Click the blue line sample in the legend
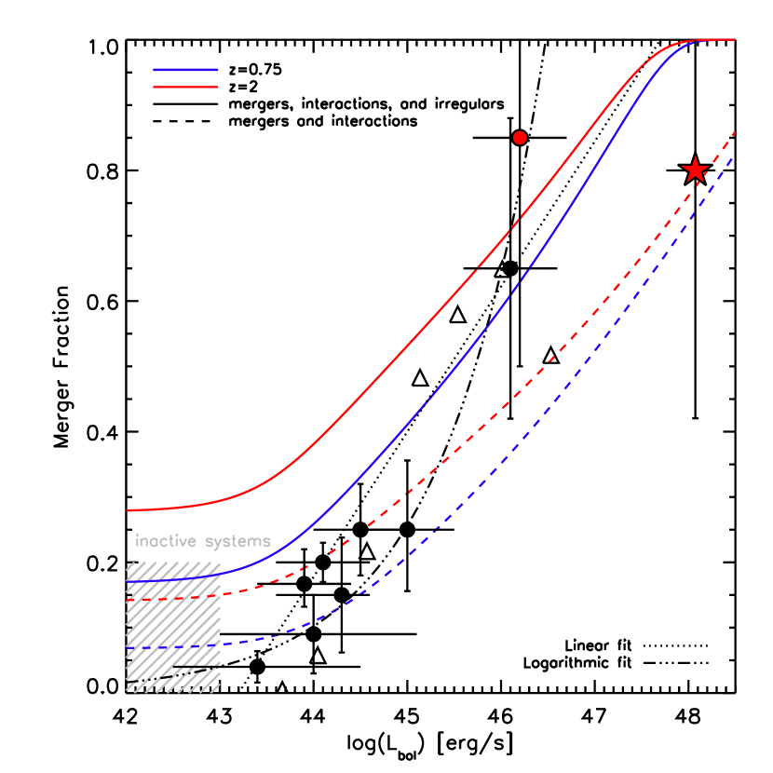click(x=185, y=70)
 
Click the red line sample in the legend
click(x=185, y=87)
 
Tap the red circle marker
click(x=520, y=138)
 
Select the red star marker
click(x=695, y=170)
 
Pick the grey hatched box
click(x=173, y=626)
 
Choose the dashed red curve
click(x=522, y=381)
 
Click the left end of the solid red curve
click(x=128, y=510)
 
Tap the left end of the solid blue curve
click(x=128, y=581)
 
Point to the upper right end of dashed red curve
click(x=736, y=131)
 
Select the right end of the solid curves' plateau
click(x=735, y=39)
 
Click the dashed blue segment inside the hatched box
click(x=173, y=645)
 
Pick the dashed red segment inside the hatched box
click(x=173, y=598)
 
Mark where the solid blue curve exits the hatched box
click(x=221, y=574)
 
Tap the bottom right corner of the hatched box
click(x=220, y=691)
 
